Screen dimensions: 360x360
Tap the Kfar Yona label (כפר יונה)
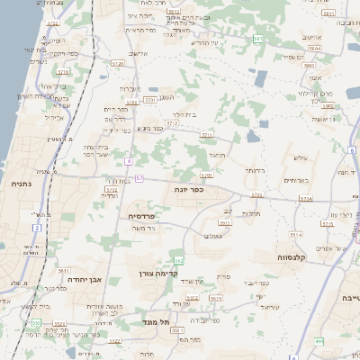188,190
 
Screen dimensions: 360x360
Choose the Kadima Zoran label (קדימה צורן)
160,273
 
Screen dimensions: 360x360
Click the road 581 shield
258,39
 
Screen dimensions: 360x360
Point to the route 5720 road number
117,64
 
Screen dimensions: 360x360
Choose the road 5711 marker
207,135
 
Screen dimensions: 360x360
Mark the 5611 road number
63,270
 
